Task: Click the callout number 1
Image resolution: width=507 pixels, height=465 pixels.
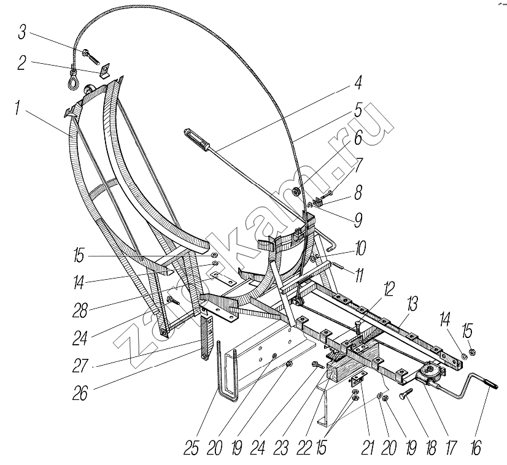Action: tap(17, 107)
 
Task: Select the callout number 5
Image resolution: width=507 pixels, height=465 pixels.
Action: tap(358, 110)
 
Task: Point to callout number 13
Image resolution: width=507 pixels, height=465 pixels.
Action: tap(412, 304)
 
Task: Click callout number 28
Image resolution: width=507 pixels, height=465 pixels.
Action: tap(80, 310)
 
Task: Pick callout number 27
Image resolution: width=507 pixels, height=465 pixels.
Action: tap(80, 366)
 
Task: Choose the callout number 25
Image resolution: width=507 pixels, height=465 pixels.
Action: tap(191, 448)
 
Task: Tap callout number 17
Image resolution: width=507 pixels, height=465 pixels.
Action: tap(451, 448)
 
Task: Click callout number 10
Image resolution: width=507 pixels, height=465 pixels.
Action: tap(360, 248)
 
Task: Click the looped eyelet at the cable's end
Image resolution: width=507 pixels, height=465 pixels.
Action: tap(73, 81)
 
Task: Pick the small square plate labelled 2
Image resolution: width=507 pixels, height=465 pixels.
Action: tap(105, 71)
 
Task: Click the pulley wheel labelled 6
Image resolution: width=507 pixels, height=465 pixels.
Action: tap(296, 193)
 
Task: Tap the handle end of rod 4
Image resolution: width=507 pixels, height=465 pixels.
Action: tap(196, 139)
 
